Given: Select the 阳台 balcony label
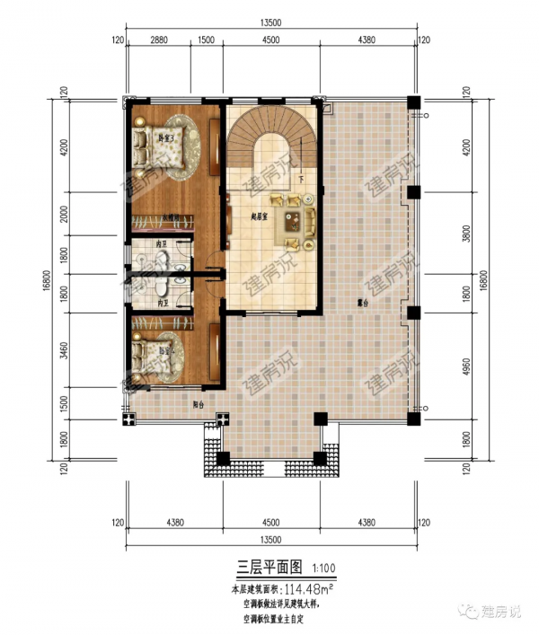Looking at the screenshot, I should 198,405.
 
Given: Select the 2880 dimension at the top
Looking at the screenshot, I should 157,40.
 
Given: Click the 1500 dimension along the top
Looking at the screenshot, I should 205,40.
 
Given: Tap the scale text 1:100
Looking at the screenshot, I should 324,568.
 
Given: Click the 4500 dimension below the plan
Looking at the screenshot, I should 269,522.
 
